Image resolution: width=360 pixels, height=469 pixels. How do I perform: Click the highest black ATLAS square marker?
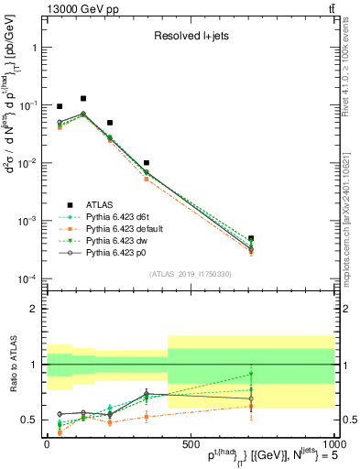83,98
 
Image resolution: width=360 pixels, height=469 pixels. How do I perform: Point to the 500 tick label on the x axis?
190,443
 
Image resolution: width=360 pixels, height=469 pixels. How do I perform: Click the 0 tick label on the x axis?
47,443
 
